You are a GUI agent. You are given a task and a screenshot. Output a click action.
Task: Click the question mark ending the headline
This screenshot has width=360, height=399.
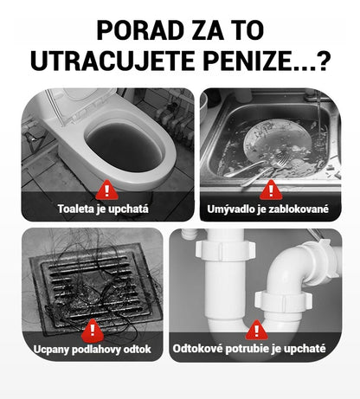point(322,61)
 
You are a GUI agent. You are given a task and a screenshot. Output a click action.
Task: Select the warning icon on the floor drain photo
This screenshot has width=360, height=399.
point(93,330)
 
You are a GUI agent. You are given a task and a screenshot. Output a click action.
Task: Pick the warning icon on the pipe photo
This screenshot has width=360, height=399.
point(256,330)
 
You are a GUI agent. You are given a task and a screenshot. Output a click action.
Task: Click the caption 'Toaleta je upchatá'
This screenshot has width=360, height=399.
point(105,209)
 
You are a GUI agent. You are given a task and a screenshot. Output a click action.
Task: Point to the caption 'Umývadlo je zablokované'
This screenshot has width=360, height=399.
point(269,209)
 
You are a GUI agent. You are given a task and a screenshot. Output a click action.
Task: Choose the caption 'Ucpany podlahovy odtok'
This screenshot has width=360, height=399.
point(93,350)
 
